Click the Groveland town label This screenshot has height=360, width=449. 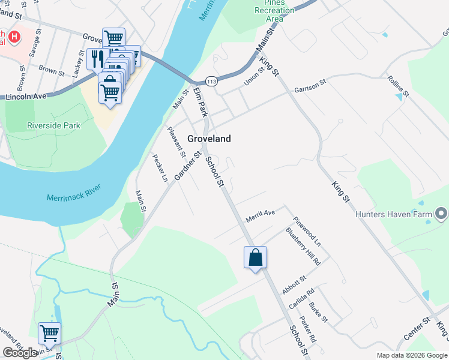[209, 139]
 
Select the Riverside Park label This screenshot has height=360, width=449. [53, 125]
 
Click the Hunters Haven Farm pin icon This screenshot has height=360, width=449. [441, 214]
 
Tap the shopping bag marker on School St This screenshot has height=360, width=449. [255, 257]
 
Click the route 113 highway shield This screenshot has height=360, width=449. [211, 80]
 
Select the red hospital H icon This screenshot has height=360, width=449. [14, 37]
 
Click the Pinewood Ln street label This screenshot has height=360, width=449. [307, 232]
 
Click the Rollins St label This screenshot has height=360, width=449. [397, 86]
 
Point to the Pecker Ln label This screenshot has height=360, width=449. [159, 169]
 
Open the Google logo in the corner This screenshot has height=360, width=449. [20, 352]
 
